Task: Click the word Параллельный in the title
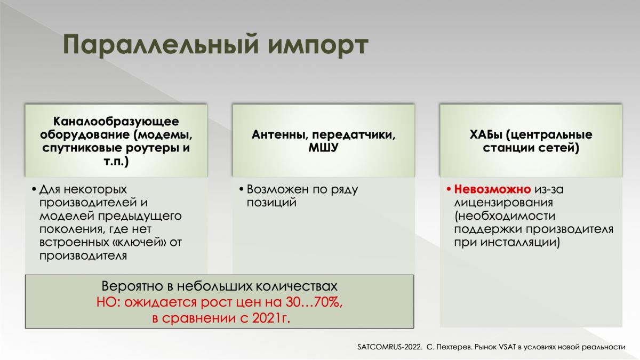point(161,45)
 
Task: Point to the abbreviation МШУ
point(323,148)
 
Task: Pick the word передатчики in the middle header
point(353,135)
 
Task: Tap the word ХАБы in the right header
point(485,134)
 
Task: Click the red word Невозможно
point(492,189)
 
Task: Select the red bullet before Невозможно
point(449,189)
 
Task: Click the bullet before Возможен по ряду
point(241,189)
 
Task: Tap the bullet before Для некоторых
point(34,189)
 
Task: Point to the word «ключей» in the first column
point(138,243)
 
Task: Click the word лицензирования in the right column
point(503,203)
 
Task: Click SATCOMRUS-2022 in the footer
point(390,347)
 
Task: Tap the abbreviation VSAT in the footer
point(507,347)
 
